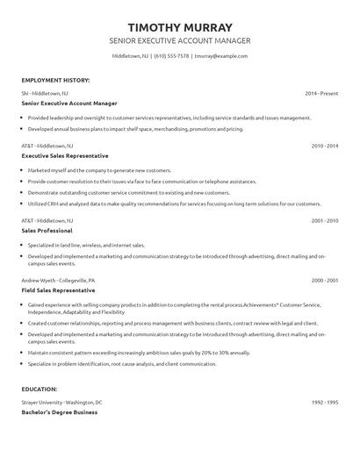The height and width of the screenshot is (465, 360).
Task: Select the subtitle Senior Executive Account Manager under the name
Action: pos(179,40)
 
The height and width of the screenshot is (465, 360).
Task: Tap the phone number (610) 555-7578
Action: pos(172,56)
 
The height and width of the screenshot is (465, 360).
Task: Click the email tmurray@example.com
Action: pos(220,56)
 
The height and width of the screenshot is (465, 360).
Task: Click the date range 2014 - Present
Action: pos(321,92)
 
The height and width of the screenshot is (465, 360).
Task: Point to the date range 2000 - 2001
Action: pos(325,280)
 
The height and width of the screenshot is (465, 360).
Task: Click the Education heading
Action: pos(40,388)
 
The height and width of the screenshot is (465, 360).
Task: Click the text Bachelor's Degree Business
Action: pos(60,411)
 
